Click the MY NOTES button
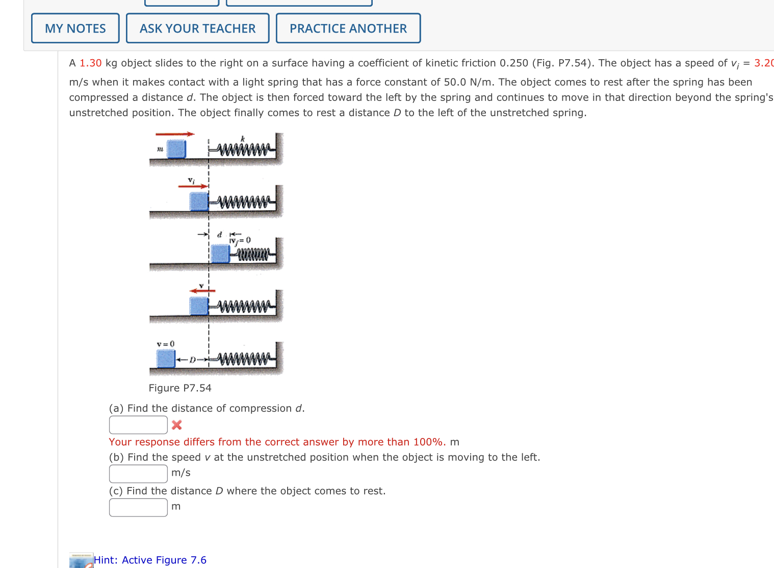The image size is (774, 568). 75,29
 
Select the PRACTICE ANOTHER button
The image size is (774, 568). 348,29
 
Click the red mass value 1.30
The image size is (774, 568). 91,63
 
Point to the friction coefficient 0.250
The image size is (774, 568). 513,63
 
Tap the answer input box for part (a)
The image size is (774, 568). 138,425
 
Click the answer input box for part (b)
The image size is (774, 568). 138,474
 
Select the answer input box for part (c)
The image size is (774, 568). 138,507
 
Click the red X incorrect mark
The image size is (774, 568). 177,425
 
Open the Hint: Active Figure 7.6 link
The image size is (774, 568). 150,560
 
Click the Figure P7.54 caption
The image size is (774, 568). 180,388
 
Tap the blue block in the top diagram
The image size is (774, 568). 176,149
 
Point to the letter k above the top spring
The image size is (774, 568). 243,139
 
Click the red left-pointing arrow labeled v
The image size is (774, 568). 202,291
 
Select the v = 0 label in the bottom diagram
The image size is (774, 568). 166,344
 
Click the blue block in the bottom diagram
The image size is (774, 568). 166,358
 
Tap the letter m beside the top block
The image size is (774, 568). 160,149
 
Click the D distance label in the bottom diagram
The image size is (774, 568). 193,360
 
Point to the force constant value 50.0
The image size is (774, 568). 455,82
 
